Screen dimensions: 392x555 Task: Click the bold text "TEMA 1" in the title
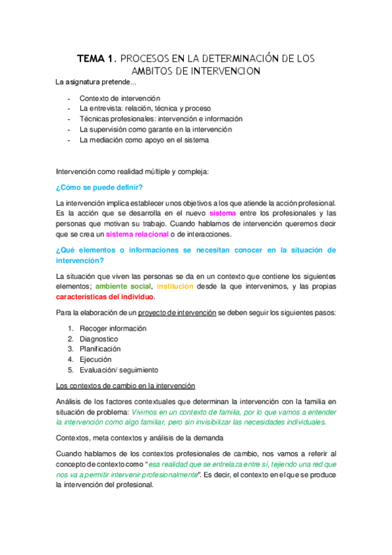(x=96, y=59)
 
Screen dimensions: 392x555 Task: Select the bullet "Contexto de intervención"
(x=120, y=98)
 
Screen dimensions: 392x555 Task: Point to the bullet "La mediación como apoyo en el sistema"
(x=153, y=140)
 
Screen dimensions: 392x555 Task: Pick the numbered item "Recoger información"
(x=113, y=329)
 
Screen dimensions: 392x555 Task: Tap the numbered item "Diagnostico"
(x=99, y=339)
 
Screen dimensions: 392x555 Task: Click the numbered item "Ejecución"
(x=96, y=359)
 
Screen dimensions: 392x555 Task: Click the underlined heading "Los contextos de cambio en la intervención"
(x=125, y=385)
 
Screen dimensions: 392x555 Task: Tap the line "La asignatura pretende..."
(x=97, y=82)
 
